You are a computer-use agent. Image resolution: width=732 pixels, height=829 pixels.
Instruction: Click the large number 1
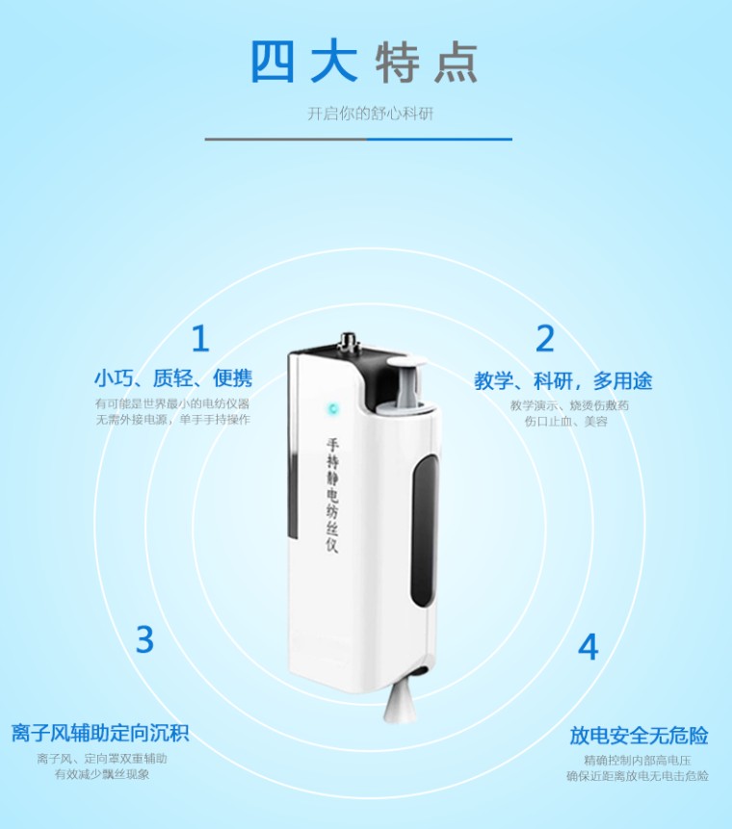[x=200, y=338]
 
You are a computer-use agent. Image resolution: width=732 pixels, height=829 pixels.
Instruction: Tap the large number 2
[x=545, y=338]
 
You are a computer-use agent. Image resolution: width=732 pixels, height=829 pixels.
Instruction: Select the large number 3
[x=144, y=639]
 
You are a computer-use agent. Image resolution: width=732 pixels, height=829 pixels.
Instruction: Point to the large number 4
[x=588, y=647]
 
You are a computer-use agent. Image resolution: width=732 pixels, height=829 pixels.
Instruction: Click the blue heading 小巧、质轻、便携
[x=173, y=378]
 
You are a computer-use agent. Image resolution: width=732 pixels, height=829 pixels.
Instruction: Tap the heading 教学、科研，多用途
[x=562, y=380]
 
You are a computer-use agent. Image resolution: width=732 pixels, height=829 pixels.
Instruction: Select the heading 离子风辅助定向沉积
[x=100, y=734]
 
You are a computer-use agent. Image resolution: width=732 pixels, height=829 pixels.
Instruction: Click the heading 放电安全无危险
[x=639, y=736]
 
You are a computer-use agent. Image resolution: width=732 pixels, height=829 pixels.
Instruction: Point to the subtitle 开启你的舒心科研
[x=370, y=114]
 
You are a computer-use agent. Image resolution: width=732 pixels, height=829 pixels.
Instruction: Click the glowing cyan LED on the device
[x=333, y=408]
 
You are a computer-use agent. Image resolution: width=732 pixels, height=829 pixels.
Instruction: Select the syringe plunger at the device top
[x=406, y=383]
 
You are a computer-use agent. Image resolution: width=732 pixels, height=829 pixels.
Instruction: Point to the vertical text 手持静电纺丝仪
[x=332, y=496]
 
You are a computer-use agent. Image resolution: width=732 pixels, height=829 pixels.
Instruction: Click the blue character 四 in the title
[x=272, y=62]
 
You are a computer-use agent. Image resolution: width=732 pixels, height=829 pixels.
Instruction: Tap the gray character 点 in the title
[x=456, y=63]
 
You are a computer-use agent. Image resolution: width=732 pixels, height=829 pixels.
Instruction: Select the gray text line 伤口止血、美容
[x=566, y=422]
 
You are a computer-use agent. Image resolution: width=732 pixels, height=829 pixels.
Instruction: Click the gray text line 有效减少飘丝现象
[x=102, y=774]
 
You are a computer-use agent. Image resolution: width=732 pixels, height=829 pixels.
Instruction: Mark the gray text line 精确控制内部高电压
[x=638, y=761]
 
